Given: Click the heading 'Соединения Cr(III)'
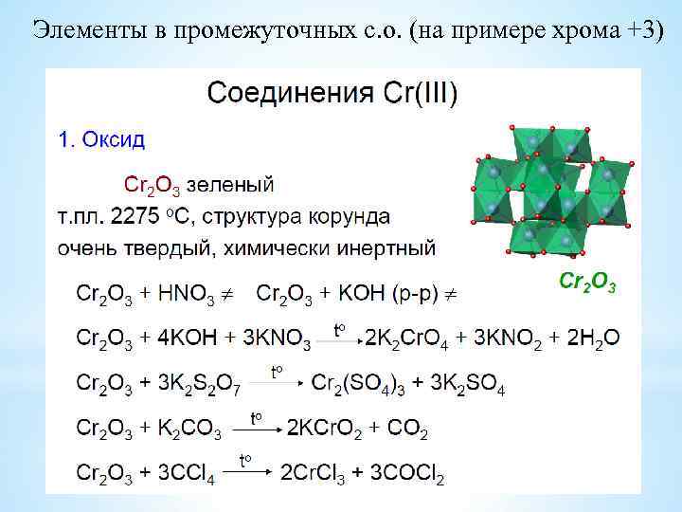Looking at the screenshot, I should coord(332,93).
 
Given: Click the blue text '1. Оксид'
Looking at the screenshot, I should coord(101,140).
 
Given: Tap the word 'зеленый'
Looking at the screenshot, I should coord(231,181).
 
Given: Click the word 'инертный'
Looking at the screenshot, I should coord(392,249).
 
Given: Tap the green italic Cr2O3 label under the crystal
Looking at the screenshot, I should coord(587,282).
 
